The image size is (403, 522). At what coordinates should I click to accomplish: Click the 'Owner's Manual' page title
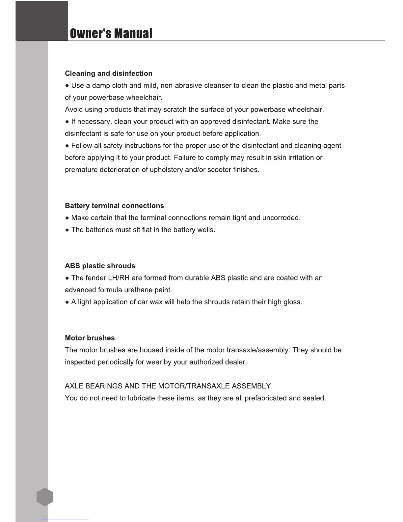[x=111, y=34]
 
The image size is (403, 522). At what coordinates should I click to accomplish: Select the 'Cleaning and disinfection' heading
[x=109, y=73]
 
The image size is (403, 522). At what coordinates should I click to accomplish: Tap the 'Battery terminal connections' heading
[x=114, y=206]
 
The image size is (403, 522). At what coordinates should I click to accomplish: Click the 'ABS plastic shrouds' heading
[x=100, y=266]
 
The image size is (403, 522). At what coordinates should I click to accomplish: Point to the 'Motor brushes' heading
[x=90, y=338]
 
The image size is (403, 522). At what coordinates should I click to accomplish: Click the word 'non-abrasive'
[x=181, y=86]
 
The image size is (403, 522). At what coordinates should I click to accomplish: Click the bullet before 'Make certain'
[x=67, y=218]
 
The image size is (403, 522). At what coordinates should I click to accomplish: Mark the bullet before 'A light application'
[x=67, y=303]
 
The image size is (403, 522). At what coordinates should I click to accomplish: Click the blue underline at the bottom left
[x=65, y=519]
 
